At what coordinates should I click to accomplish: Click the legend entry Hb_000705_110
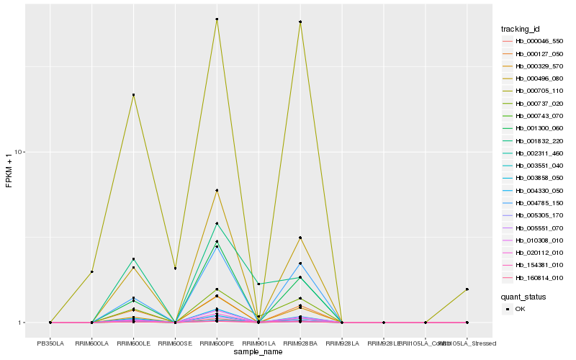click(534, 91)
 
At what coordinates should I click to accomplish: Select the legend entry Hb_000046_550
click(534, 41)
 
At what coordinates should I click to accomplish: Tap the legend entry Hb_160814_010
click(534, 277)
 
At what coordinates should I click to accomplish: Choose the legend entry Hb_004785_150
click(534, 202)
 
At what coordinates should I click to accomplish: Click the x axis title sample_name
click(258, 351)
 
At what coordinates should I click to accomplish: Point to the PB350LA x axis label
click(50, 343)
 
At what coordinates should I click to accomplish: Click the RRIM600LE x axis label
click(133, 343)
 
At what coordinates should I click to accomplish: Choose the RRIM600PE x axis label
click(217, 343)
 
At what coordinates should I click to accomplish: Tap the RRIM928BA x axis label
click(300, 343)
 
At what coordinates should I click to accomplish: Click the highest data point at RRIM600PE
click(217, 19)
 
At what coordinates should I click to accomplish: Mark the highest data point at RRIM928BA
click(300, 22)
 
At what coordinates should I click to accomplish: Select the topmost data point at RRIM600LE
click(133, 95)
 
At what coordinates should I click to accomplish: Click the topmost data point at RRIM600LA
click(92, 271)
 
